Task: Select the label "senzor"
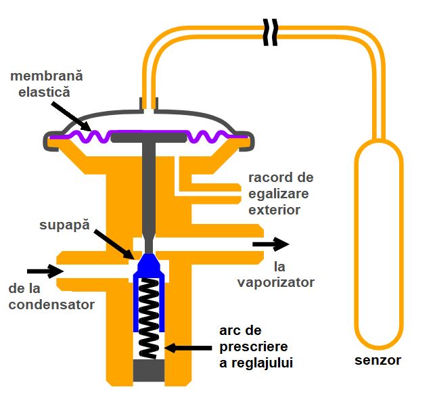click(x=378, y=360)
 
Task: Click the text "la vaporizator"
click(x=275, y=273)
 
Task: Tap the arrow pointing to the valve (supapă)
click(x=114, y=244)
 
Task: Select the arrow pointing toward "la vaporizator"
click(x=271, y=244)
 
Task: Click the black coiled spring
click(x=150, y=318)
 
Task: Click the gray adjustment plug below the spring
click(x=150, y=371)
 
